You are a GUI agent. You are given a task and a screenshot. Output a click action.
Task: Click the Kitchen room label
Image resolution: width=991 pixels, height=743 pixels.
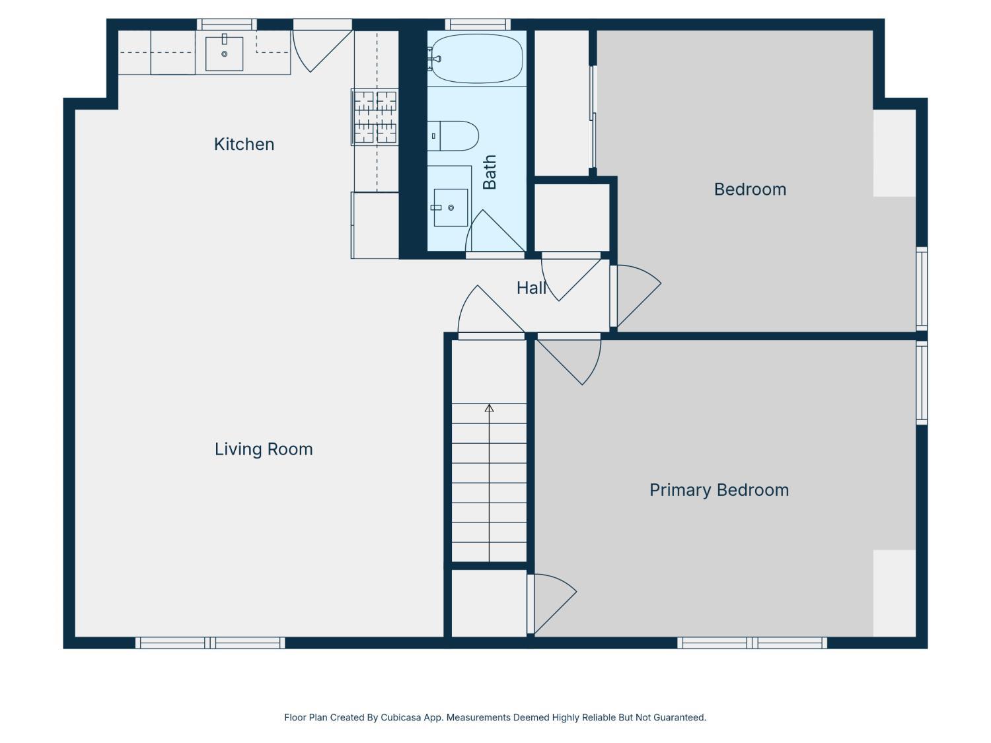244,145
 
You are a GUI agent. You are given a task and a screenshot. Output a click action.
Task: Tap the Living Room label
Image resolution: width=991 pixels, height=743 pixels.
264,449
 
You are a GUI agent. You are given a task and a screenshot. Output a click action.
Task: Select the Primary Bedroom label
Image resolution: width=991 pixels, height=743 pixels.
719,490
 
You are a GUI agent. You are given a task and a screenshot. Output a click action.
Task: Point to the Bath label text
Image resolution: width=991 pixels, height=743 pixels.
490,172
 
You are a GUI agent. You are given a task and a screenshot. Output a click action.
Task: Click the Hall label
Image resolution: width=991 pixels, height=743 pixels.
531,288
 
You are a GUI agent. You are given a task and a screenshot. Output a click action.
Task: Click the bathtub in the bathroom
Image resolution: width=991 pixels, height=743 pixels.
477,59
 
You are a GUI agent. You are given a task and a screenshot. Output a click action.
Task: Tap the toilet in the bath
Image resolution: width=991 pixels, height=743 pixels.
453,136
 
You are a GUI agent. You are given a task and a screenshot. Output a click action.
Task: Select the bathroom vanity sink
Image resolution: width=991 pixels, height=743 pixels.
451,207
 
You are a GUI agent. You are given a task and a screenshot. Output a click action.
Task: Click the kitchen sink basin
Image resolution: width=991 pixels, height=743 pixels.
225,54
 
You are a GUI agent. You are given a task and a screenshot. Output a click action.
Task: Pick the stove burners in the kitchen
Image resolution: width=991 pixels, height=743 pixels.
375,117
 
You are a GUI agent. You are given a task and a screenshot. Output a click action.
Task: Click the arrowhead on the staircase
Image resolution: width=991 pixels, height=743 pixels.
489,408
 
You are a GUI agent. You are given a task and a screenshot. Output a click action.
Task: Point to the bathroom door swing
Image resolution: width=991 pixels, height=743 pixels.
495,231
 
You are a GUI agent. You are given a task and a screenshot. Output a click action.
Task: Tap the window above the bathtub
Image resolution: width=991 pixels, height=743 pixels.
478,24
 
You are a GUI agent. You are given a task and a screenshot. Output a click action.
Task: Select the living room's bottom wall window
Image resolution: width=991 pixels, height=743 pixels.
210,643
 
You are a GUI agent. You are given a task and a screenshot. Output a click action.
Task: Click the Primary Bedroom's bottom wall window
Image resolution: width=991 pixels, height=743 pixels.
752,643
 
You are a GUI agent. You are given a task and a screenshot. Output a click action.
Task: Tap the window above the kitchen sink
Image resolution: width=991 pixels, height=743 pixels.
227,24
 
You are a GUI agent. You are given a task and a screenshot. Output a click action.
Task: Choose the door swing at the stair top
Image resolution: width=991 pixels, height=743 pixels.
492,310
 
